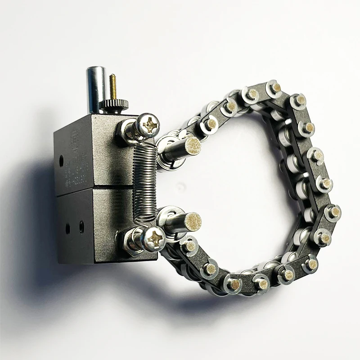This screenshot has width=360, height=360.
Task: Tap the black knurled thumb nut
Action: [x=113, y=104]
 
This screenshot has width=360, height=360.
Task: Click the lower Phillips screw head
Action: [x=153, y=237]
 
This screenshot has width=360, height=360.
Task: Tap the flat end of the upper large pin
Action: [x=192, y=146]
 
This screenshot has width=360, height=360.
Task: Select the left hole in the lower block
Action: [x=68, y=228]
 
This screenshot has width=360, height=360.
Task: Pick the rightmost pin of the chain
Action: [x=334, y=211]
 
